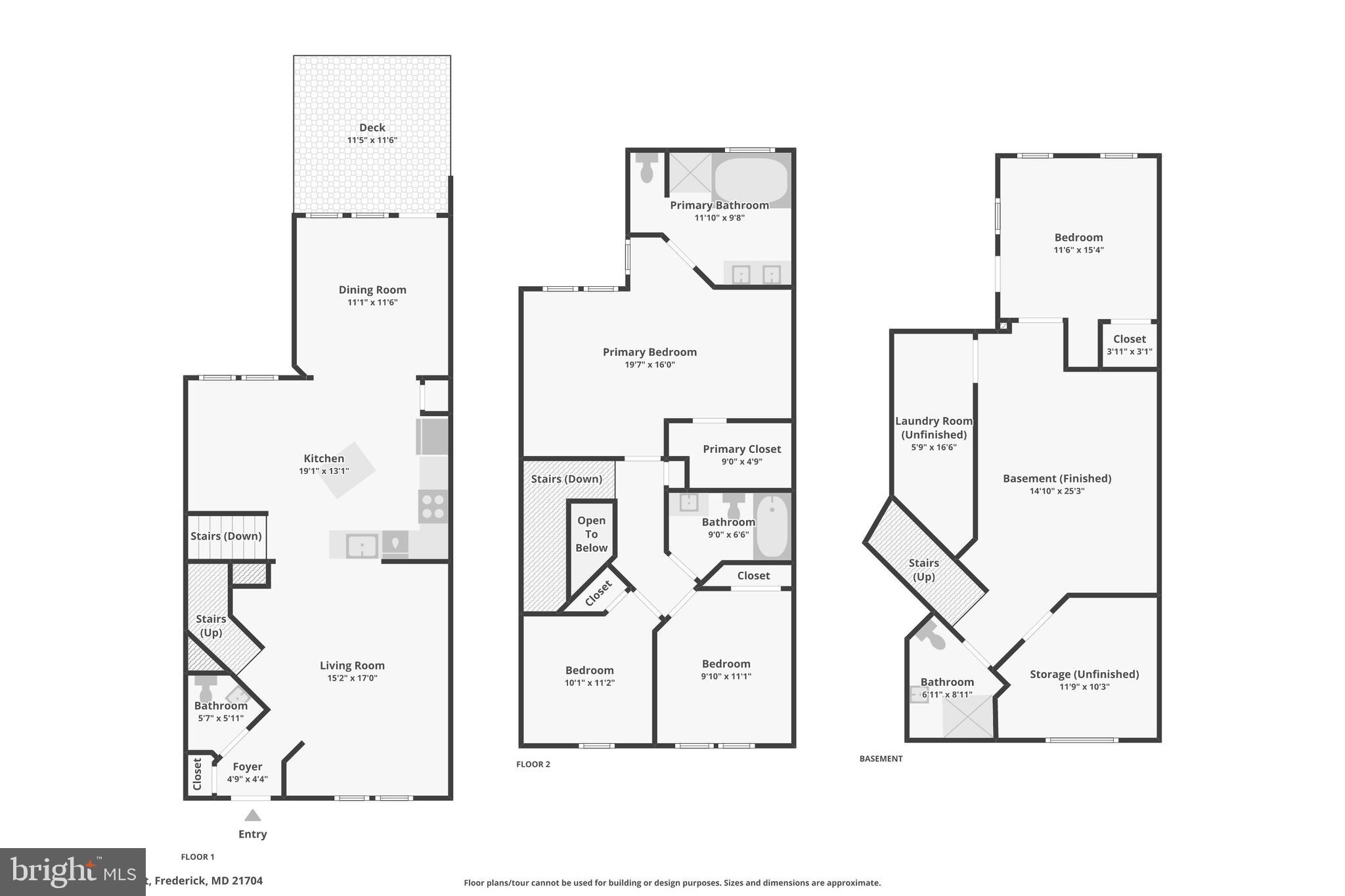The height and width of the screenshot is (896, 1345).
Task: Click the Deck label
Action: coord(372,127)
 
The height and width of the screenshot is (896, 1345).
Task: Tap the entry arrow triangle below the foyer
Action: coord(253,815)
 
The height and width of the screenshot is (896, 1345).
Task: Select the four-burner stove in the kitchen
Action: coord(433,507)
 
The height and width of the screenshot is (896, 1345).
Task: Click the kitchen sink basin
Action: coord(361,545)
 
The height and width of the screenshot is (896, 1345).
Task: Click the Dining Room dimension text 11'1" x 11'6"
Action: coord(372,303)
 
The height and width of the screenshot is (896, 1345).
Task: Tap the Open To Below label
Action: coord(591,534)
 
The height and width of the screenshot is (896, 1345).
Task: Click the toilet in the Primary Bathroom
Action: coord(647,168)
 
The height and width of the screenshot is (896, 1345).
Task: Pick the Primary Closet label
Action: coord(741,449)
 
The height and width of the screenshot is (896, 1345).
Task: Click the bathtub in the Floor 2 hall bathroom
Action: coord(772,526)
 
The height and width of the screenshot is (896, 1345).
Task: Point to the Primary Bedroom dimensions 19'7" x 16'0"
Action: coord(650,365)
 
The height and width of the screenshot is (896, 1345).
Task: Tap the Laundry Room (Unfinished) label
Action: coord(933,427)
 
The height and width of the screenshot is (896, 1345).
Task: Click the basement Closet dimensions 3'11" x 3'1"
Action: coord(1129,352)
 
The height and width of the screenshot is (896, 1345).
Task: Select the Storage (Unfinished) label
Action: coord(1084,674)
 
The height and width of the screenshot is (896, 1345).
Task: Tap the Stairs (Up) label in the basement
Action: coord(923,570)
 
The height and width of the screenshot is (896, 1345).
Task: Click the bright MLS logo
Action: coord(72,872)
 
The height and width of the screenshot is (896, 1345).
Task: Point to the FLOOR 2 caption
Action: coord(533,764)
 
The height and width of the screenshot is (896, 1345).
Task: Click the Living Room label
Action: coord(352,666)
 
